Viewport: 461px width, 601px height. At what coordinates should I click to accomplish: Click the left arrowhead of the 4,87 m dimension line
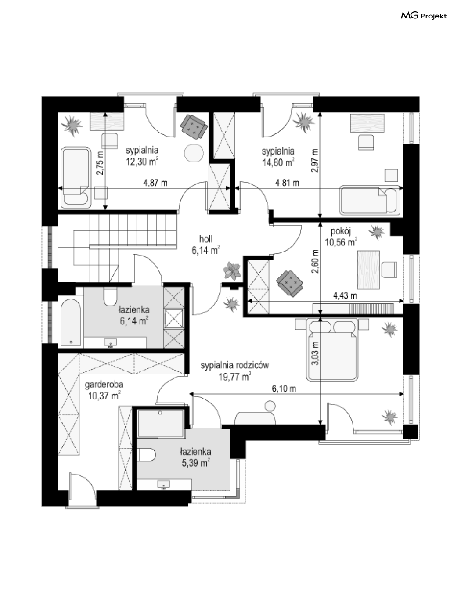click(x=60, y=188)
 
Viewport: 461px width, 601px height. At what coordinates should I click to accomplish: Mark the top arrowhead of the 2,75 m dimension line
click(x=105, y=114)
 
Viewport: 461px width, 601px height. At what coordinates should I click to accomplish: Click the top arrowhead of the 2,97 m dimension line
click(x=320, y=114)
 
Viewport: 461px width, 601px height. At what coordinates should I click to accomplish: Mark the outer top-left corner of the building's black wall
click(x=42, y=97)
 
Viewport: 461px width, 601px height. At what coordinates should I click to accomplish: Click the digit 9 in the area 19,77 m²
click(x=224, y=377)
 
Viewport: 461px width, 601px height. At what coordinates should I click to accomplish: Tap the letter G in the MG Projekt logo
click(x=414, y=16)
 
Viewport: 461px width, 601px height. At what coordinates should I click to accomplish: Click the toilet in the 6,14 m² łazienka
click(x=110, y=296)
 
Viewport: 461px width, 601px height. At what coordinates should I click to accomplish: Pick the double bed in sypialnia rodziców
click(x=332, y=349)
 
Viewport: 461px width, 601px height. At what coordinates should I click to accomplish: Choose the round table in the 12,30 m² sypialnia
click(x=194, y=153)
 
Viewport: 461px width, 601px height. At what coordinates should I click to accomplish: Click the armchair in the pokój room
click(x=289, y=283)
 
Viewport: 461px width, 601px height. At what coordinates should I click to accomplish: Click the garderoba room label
click(x=104, y=385)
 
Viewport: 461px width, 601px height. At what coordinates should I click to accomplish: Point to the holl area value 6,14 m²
click(x=206, y=251)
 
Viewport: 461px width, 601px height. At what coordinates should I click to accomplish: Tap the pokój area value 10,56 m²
click(x=341, y=242)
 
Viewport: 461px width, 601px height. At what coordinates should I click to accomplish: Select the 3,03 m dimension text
click(x=315, y=353)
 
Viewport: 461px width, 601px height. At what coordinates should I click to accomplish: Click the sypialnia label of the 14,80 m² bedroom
click(x=278, y=151)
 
